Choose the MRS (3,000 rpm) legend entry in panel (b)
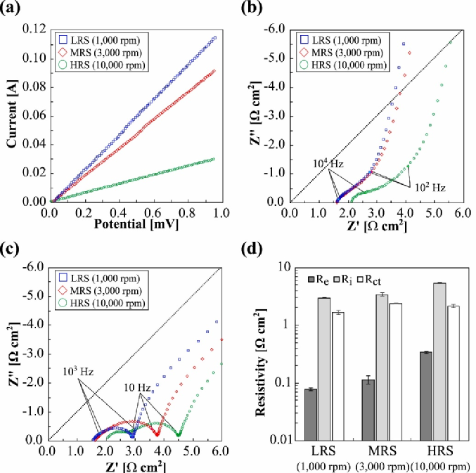coord(347,52)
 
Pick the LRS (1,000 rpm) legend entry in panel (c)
coord(113,278)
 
